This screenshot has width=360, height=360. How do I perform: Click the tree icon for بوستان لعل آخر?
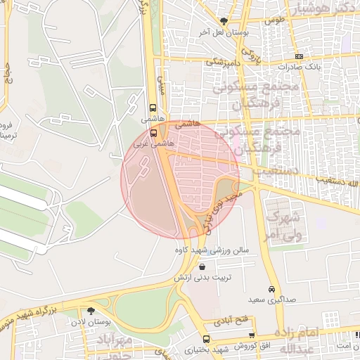click(x=224, y=22)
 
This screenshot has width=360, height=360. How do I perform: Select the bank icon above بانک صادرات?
click(x=300, y=56)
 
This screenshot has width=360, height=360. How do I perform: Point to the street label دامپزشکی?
click(x=224, y=62)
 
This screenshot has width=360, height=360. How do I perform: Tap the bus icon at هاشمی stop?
click(x=153, y=108)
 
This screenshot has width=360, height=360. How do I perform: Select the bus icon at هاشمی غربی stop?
click(x=154, y=131)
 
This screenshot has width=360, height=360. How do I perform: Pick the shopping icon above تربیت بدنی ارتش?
click(x=203, y=266)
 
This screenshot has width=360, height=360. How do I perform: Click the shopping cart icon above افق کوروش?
click(x=251, y=335)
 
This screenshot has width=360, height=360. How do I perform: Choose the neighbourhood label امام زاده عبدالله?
click(x=309, y=340)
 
